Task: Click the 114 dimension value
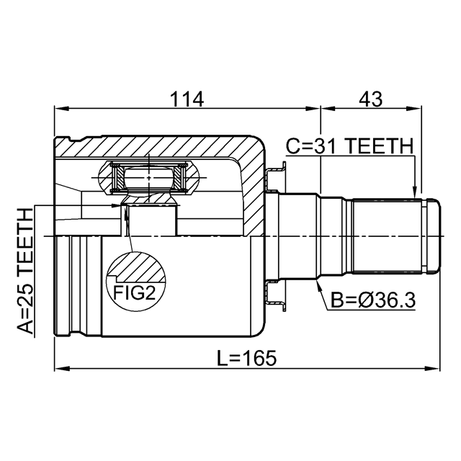(187, 99)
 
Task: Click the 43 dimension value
(370, 99)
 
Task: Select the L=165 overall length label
(246, 358)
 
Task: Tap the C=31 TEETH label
(349, 146)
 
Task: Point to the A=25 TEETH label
(25, 271)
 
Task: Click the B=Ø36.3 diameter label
(373, 300)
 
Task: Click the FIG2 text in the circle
(134, 292)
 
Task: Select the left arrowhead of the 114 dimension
(61, 109)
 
